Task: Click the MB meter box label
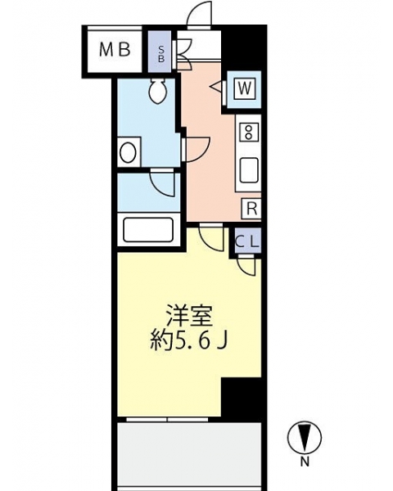pyautogui.click(x=115, y=50)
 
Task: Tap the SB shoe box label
pyautogui.click(x=161, y=53)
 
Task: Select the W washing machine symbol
pyautogui.click(x=244, y=88)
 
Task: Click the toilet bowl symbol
pyautogui.click(x=159, y=92)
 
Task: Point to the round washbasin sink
pyautogui.click(x=128, y=152)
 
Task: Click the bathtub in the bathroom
pyautogui.click(x=148, y=230)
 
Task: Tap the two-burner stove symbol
pyautogui.click(x=249, y=132)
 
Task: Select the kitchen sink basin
pyautogui.click(x=249, y=170)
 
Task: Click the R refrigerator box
pyautogui.click(x=251, y=208)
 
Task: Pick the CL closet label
pyautogui.click(x=247, y=241)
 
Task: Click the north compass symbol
pyautogui.click(x=305, y=437)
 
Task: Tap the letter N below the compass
pyautogui.click(x=305, y=462)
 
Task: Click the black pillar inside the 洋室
pyautogui.click(x=241, y=397)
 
